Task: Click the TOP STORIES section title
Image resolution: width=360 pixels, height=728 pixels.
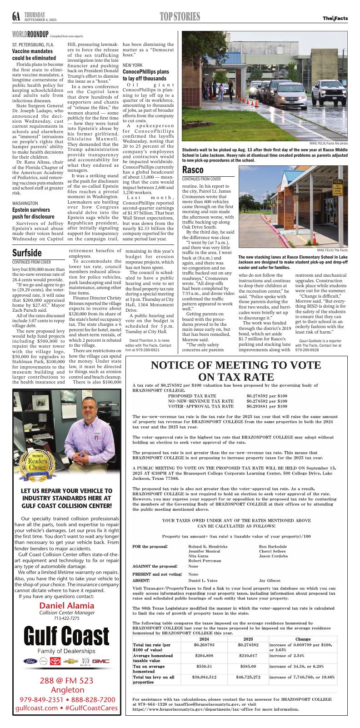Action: [180, 17]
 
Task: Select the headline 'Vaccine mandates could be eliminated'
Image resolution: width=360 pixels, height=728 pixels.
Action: [32, 55]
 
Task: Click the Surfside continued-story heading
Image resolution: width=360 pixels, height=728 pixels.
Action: [27, 253]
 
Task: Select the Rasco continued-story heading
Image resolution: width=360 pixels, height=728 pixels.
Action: [193, 170]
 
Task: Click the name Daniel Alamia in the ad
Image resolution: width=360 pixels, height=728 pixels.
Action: [67, 605]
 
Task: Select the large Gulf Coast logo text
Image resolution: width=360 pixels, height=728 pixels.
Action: [67, 633]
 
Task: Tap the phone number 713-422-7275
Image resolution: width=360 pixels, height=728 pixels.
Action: [67, 618]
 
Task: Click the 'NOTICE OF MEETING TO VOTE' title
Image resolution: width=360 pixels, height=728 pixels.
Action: [232, 365]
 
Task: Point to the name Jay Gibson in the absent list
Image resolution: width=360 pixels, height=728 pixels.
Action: [270, 580]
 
